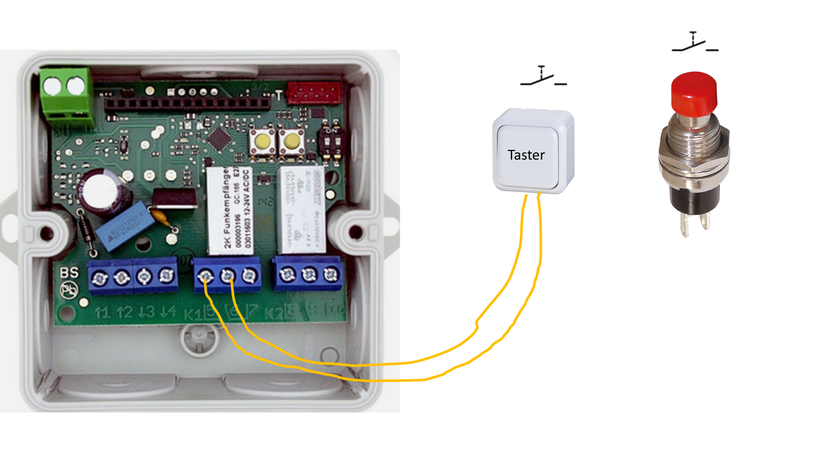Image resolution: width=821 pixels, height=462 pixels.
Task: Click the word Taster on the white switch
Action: (x=526, y=155)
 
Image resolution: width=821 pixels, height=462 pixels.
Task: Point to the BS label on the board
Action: (x=69, y=273)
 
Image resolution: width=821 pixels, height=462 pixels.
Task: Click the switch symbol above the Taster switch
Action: (x=543, y=76)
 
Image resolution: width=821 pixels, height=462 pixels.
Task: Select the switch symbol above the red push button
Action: (x=694, y=42)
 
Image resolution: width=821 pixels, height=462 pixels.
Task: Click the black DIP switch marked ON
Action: (x=330, y=143)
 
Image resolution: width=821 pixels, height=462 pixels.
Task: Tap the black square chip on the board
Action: (x=220, y=138)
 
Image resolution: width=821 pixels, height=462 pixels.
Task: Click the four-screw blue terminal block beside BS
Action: (x=133, y=277)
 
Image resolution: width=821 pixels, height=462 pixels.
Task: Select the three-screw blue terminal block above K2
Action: (x=308, y=274)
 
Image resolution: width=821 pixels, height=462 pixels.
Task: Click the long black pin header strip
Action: (x=187, y=103)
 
